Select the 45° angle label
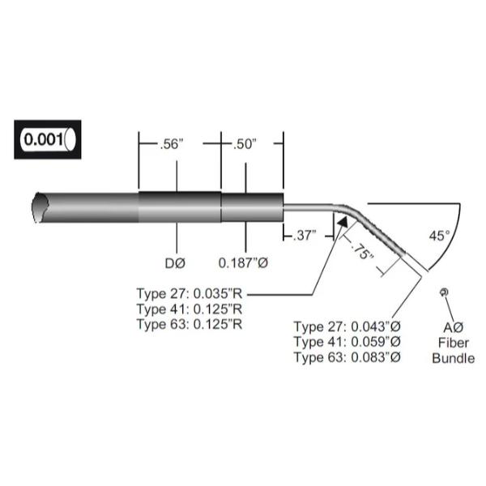438,236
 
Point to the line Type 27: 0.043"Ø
347,327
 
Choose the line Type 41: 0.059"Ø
347,343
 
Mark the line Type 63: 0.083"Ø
347,358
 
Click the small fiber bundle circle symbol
443,292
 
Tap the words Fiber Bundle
453,350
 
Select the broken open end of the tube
37,208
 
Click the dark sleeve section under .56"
180,207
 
